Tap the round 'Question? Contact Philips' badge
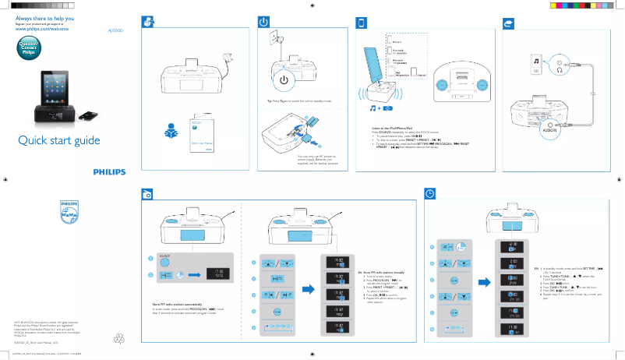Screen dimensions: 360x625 [x=29, y=45]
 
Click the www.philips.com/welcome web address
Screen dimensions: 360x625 [x=44, y=28]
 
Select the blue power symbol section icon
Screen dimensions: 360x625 [x=264, y=23]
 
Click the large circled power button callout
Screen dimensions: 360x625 [x=284, y=80]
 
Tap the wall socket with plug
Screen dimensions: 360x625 [x=275, y=40]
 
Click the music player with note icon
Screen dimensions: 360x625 [x=535, y=65]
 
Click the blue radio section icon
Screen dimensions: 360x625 [x=147, y=193]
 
